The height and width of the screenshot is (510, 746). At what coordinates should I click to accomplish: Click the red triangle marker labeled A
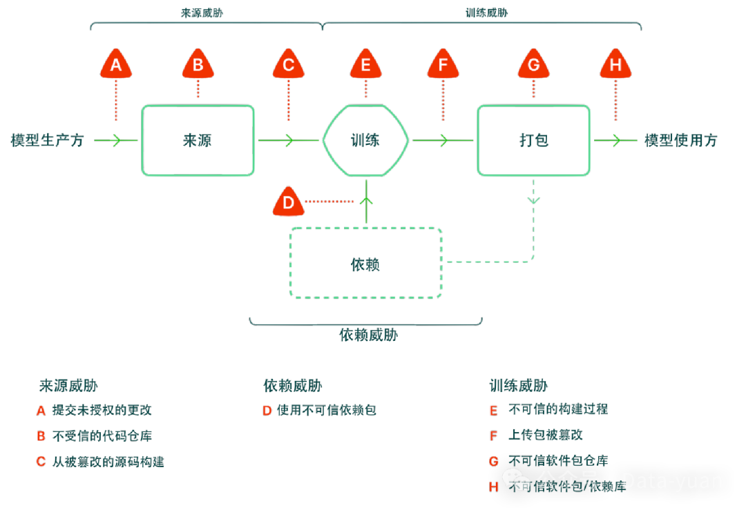116,65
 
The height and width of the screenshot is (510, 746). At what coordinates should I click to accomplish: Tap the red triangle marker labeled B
198,65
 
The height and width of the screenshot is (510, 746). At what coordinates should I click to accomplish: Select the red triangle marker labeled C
289,65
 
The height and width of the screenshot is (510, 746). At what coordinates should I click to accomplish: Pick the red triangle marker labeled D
289,202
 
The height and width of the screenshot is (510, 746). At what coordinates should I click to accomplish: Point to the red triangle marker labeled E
366,65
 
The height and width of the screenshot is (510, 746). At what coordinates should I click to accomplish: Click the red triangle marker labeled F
443,65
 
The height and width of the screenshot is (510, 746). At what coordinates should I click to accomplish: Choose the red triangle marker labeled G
533,65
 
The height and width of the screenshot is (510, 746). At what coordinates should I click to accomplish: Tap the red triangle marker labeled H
615,65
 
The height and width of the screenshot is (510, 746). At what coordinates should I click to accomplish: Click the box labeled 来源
198,140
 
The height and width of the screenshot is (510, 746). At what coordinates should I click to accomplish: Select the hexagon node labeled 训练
365,140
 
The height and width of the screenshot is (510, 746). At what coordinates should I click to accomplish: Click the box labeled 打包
533,140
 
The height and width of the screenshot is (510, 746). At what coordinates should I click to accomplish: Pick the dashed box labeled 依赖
365,264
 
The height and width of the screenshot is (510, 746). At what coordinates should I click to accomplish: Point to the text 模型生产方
47,141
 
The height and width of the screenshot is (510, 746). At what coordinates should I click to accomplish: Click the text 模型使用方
681,141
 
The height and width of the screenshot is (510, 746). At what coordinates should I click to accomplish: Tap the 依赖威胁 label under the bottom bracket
368,335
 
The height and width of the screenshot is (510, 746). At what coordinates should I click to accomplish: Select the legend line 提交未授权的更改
102,410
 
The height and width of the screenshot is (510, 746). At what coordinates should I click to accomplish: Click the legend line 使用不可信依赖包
326,410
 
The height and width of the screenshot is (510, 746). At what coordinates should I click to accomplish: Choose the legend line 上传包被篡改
546,435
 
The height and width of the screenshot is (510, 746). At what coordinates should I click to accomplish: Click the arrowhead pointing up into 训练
366,201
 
